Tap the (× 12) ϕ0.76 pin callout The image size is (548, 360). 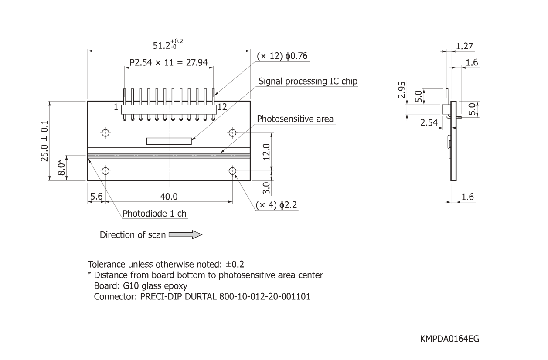tap(282, 57)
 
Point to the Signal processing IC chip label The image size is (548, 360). tap(308, 81)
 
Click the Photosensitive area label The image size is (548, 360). tap(295, 119)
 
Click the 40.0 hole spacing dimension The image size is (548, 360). tap(169, 197)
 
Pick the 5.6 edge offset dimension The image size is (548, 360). tap(96, 197)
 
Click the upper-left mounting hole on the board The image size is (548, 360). tap(105, 132)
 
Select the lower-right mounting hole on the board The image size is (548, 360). tap(232, 170)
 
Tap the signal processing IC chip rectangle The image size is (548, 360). tap(169, 141)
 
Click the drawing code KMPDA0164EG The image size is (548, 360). tap(450, 338)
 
